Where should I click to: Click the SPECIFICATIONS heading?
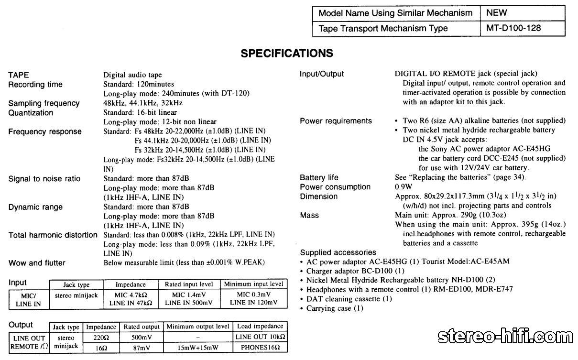pyautogui.click(x=287, y=53)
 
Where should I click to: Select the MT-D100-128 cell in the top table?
pyautogui.click(x=513, y=28)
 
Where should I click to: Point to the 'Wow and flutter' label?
pyautogui.click(x=37, y=263)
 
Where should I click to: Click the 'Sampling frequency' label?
pyautogui.click(x=44, y=103)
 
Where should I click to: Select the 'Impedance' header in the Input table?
pyautogui.click(x=131, y=284)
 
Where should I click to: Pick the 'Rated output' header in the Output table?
pyautogui.click(x=142, y=327)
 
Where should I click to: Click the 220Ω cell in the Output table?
pyautogui.click(x=100, y=338)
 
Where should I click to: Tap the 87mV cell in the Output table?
pyautogui.click(x=142, y=348)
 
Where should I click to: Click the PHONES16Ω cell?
pyautogui.click(x=260, y=348)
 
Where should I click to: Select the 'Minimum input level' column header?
pyautogui.click(x=253, y=284)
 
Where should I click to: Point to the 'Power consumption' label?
pyautogui.click(x=335, y=187)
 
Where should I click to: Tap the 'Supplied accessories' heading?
pyautogui.click(x=338, y=252)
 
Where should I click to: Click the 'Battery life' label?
pyautogui.click(x=319, y=178)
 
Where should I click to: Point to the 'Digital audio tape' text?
pyautogui.click(x=132, y=75)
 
